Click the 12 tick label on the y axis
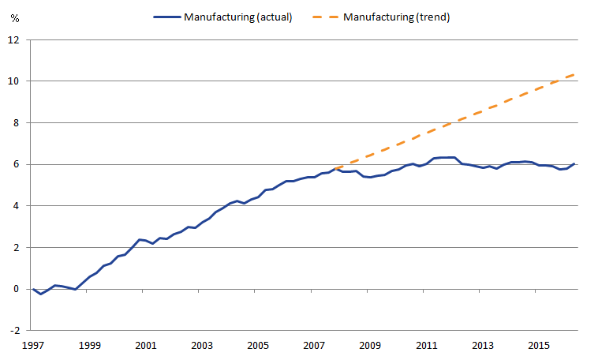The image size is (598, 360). (x=13, y=39)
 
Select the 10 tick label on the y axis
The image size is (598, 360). (x=13, y=81)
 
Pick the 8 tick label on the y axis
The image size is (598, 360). (x=16, y=122)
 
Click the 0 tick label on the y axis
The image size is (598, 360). (x=16, y=289)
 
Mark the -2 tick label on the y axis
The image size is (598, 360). (x=14, y=330)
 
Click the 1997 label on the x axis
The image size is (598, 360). (x=33, y=346)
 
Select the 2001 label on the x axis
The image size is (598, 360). (x=146, y=346)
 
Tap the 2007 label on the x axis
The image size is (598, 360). (x=314, y=346)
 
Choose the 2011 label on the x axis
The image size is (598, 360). (x=426, y=346)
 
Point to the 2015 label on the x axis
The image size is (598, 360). (x=539, y=346)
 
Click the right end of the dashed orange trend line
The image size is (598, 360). (x=574, y=73)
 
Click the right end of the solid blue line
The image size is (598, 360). (x=574, y=163)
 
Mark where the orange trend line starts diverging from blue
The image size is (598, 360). (x=335, y=168)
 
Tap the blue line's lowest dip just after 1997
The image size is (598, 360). (x=40, y=294)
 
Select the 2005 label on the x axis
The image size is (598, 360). (x=258, y=346)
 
